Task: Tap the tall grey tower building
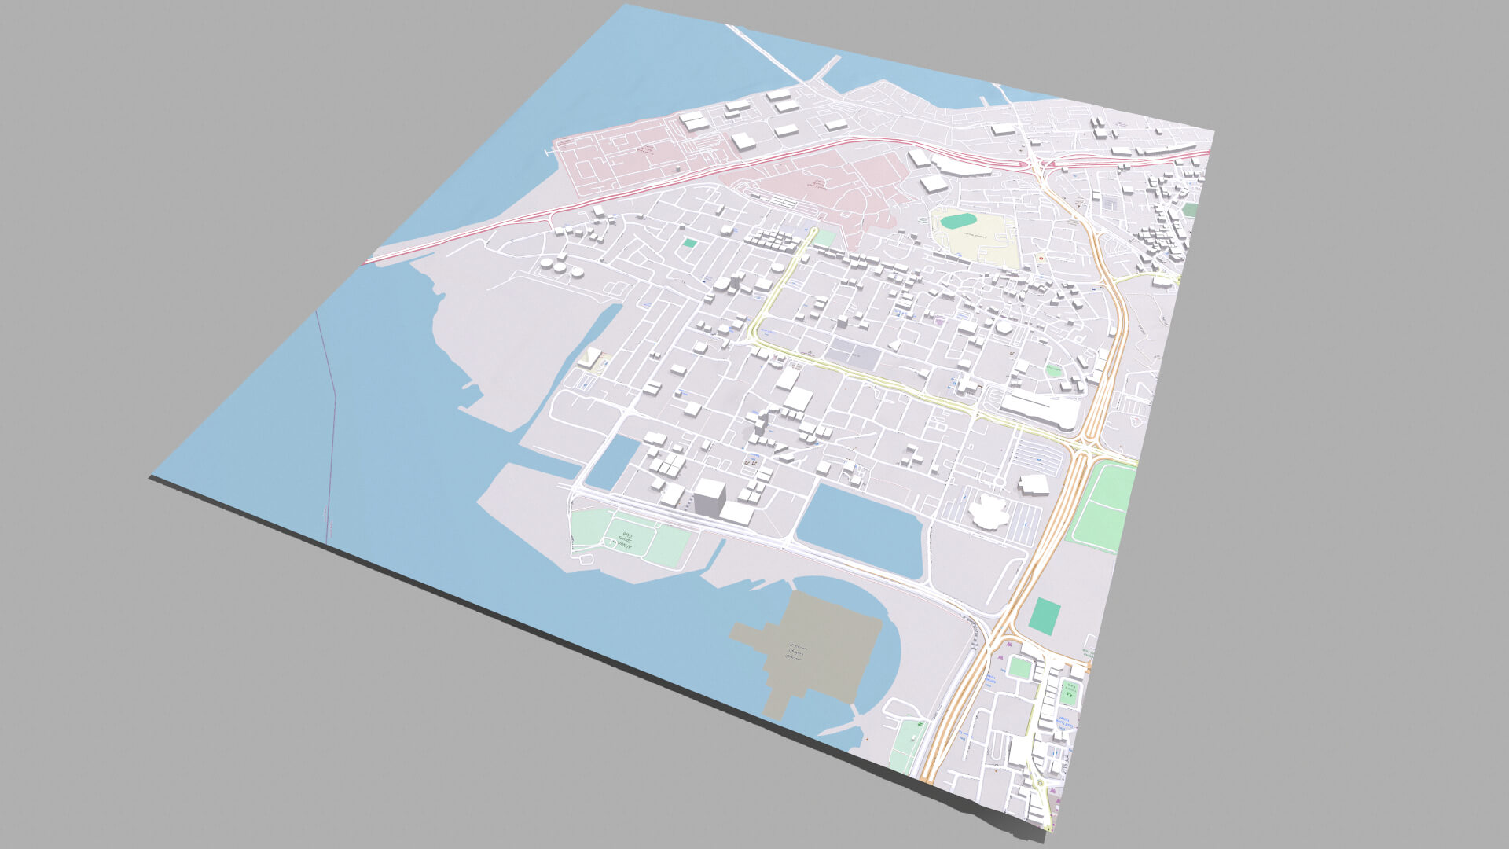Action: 709,498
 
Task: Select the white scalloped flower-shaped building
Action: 989,512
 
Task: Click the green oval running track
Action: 959,222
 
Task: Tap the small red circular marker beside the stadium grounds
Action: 1042,258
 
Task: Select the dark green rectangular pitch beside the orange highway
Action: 1044,616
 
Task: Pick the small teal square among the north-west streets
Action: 689,243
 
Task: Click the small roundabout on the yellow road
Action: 1000,481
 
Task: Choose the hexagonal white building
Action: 1004,326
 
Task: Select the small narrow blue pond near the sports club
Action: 612,461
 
